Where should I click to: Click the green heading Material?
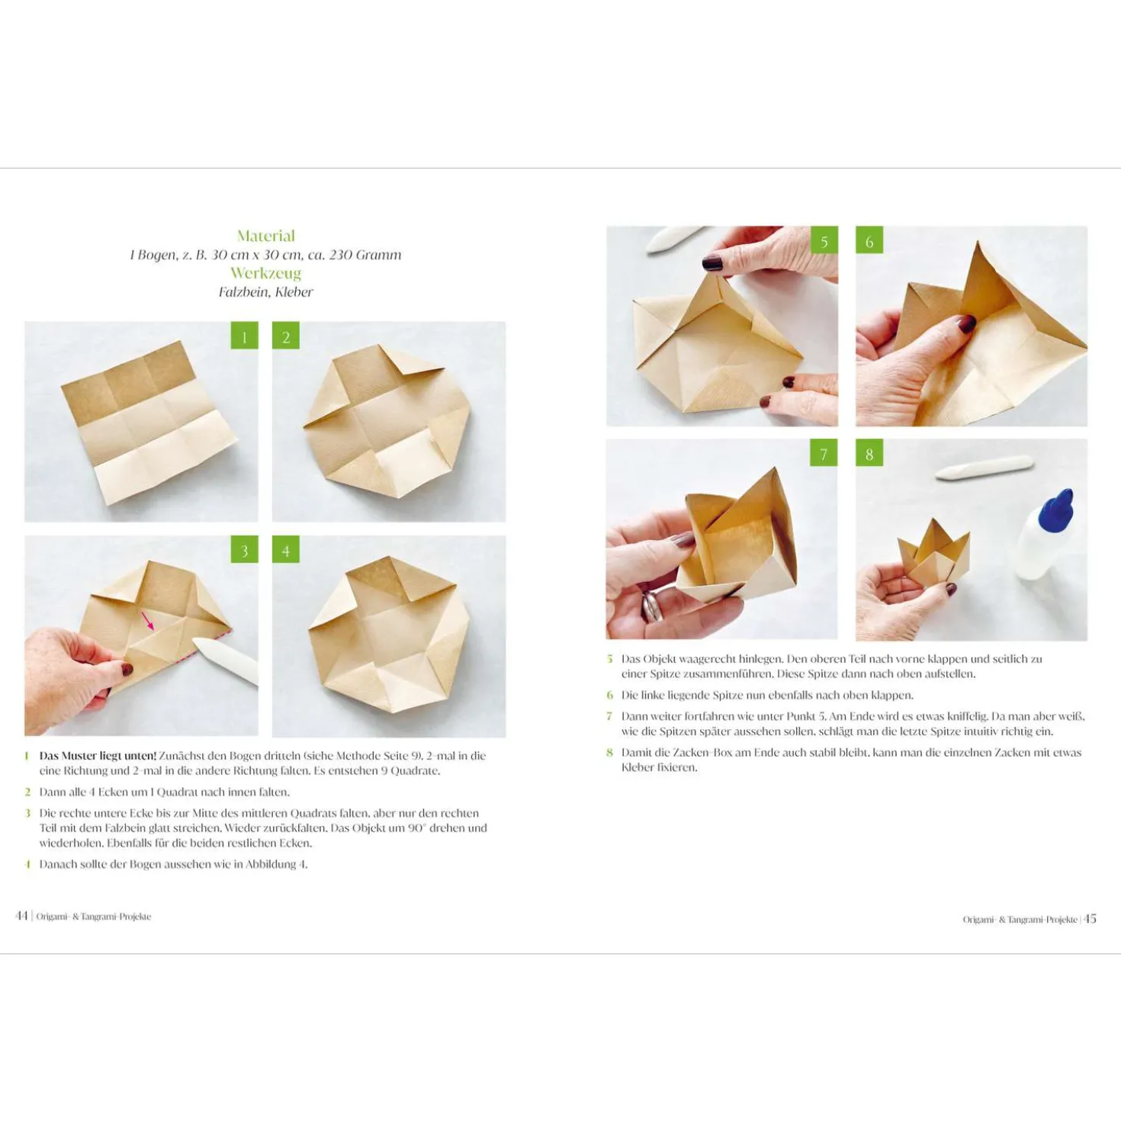tap(265, 236)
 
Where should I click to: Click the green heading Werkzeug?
tap(265, 273)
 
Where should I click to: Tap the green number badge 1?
tap(244, 336)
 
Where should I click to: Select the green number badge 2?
tap(286, 336)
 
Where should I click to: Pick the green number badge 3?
tap(244, 550)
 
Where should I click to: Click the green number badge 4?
tap(286, 550)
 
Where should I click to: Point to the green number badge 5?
tap(824, 240)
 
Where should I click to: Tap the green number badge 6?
tap(869, 240)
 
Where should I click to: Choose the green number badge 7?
tap(824, 453)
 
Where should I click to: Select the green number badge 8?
tap(869, 453)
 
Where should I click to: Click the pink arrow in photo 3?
tap(148, 621)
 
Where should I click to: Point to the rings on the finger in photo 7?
tap(652, 606)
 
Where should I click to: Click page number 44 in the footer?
tap(21, 916)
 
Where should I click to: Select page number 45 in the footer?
tap(1090, 918)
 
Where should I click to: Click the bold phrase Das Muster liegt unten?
tap(98, 756)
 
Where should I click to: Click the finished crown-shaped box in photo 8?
tap(933, 554)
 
